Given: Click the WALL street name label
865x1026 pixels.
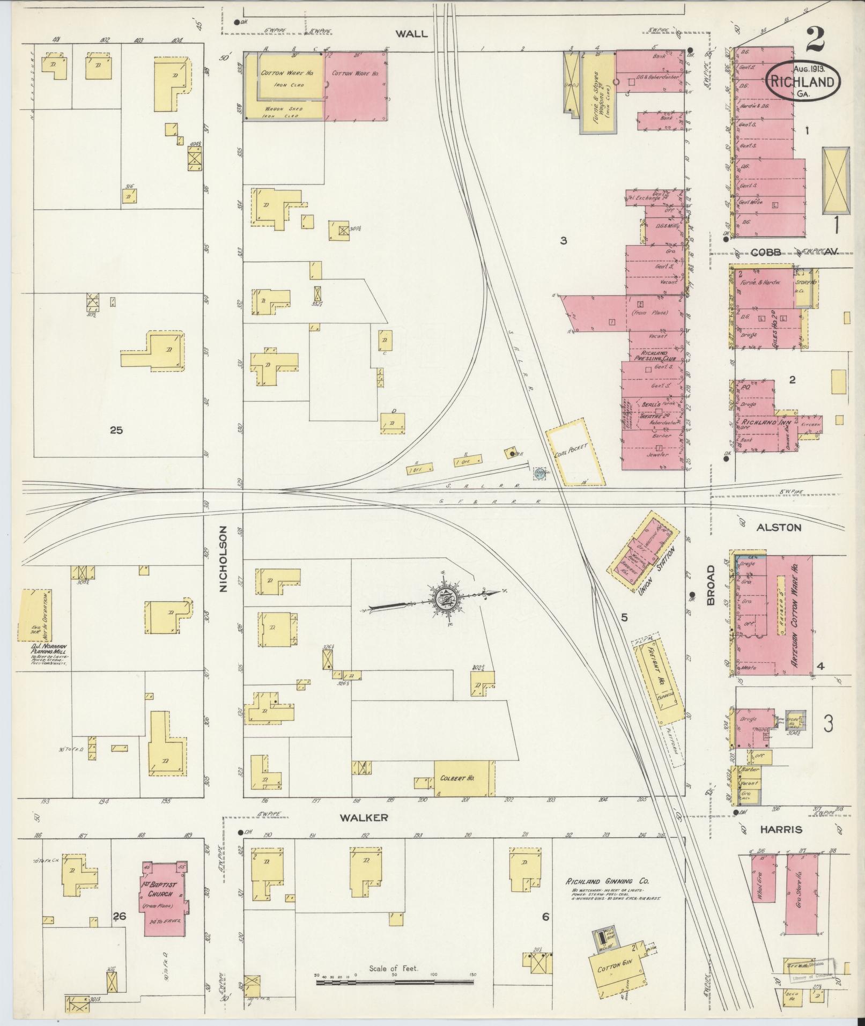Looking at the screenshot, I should [412, 34].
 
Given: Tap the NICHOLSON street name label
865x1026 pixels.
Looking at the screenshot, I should [224, 559].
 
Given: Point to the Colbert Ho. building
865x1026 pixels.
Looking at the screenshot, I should [464, 778].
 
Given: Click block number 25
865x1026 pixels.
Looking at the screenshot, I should [116, 430].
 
